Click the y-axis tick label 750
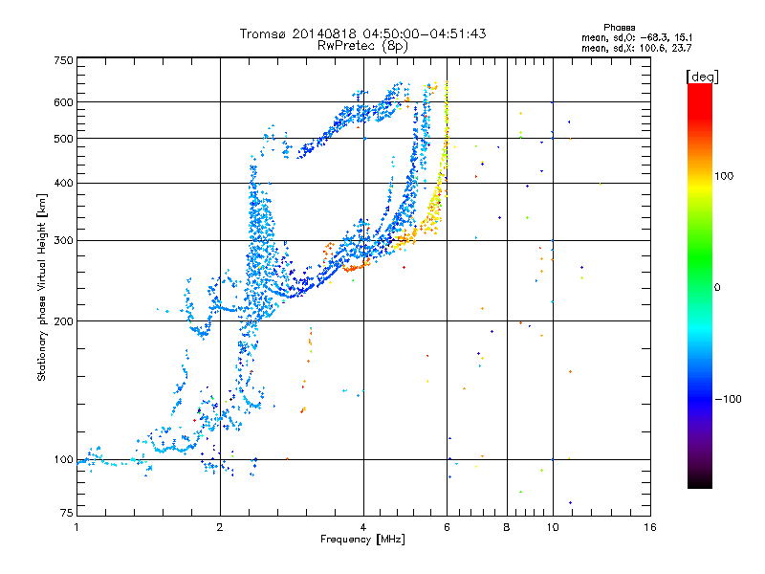63,60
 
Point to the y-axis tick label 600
63,102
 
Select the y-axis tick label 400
63,183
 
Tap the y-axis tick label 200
63,320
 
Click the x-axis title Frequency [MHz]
362,541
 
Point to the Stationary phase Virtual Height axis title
42,287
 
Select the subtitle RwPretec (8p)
362,45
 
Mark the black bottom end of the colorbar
699,483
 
